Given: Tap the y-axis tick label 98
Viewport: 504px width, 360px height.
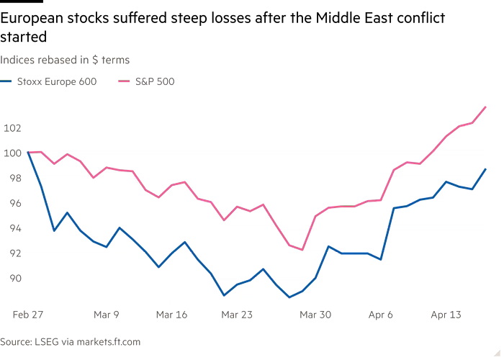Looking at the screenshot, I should [x=11, y=178].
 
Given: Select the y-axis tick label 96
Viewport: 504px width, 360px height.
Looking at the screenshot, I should [x=11, y=203].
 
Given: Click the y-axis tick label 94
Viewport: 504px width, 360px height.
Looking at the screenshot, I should [x=11, y=228].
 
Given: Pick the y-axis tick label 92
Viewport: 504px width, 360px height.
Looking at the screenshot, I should [x=11, y=253].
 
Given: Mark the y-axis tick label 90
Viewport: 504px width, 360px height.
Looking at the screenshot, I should [x=11, y=279].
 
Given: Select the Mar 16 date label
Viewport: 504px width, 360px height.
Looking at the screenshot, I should [x=171, y=314].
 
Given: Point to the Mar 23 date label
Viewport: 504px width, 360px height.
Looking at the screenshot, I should [x=236, y=314].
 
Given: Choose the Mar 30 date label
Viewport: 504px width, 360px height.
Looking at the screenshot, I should [x=318, y=314].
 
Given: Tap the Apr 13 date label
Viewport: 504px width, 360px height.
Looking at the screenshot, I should [x=445, y=314].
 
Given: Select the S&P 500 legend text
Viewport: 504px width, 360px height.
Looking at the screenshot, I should [x=155, y=81].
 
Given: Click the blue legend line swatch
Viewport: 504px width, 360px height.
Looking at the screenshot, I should [x=6, y=81].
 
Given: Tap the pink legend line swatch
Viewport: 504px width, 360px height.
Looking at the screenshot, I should [x=122, y=81].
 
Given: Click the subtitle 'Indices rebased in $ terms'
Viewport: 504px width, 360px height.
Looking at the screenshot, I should [x=65, y=60].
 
